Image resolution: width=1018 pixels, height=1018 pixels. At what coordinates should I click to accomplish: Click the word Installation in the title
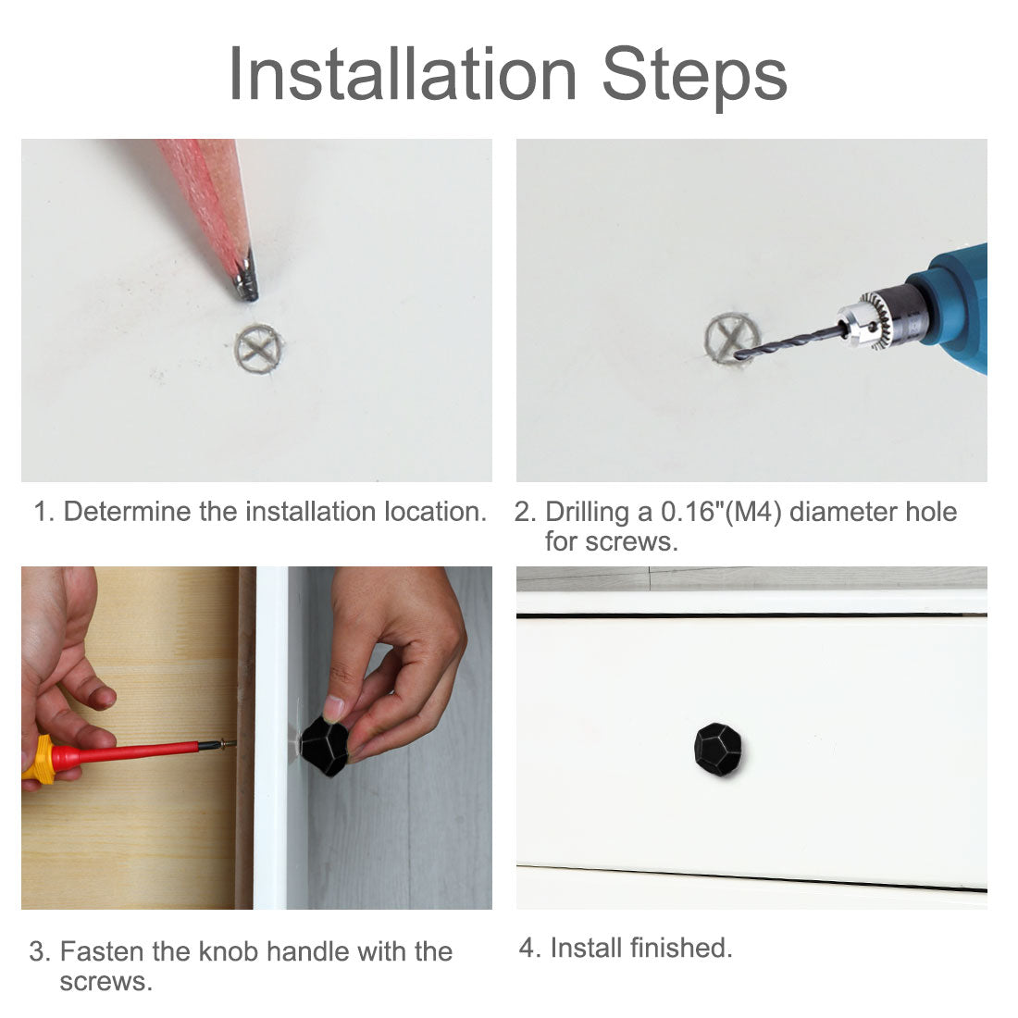[x=403, y=75]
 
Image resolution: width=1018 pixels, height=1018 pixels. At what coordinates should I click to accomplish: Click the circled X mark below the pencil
[x=258, y=349]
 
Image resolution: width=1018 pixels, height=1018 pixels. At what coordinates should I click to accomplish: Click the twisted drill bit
[x=789, y=342]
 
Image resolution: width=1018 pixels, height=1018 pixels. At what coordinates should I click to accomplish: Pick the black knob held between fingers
[x=325, y=745]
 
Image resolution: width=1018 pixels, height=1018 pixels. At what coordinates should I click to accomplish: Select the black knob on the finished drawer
[x=718, y=749]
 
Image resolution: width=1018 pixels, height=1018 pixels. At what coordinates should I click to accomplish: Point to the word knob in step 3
[x=229, y=951]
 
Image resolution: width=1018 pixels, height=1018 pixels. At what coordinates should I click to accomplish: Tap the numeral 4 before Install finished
[x=527, y=949]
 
